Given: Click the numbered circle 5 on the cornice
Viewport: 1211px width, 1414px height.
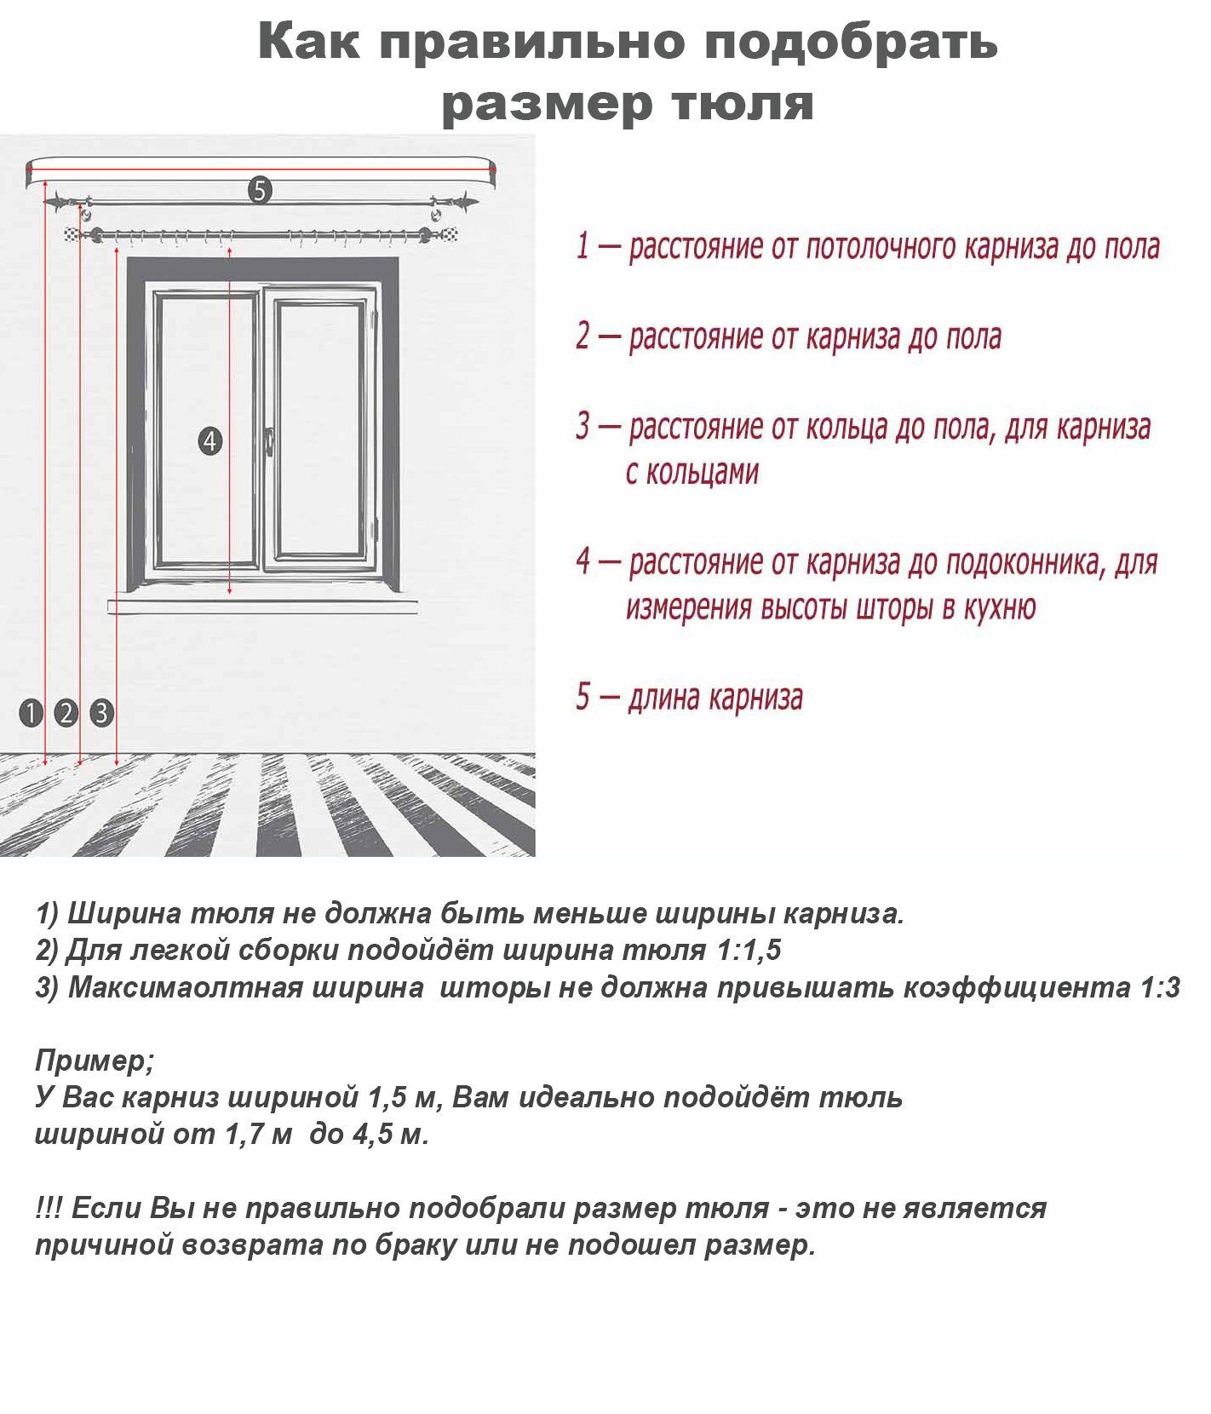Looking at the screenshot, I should [260, 191].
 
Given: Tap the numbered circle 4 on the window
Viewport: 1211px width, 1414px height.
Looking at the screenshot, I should [209, 441].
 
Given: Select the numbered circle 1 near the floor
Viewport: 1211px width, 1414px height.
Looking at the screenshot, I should [32, 712].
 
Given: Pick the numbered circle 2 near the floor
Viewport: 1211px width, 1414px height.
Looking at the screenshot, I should [66, 712].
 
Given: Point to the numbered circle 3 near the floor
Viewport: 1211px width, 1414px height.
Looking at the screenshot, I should [101, 712].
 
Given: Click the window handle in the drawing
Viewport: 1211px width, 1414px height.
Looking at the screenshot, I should [269, 441].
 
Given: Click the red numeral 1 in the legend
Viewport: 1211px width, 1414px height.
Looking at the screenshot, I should [583, 246].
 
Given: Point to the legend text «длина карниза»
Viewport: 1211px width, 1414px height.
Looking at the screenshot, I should [715, 698].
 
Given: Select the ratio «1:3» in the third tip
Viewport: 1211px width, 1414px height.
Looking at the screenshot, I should [1160, 987].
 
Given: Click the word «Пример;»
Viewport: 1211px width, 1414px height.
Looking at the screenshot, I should [95, 1060].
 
